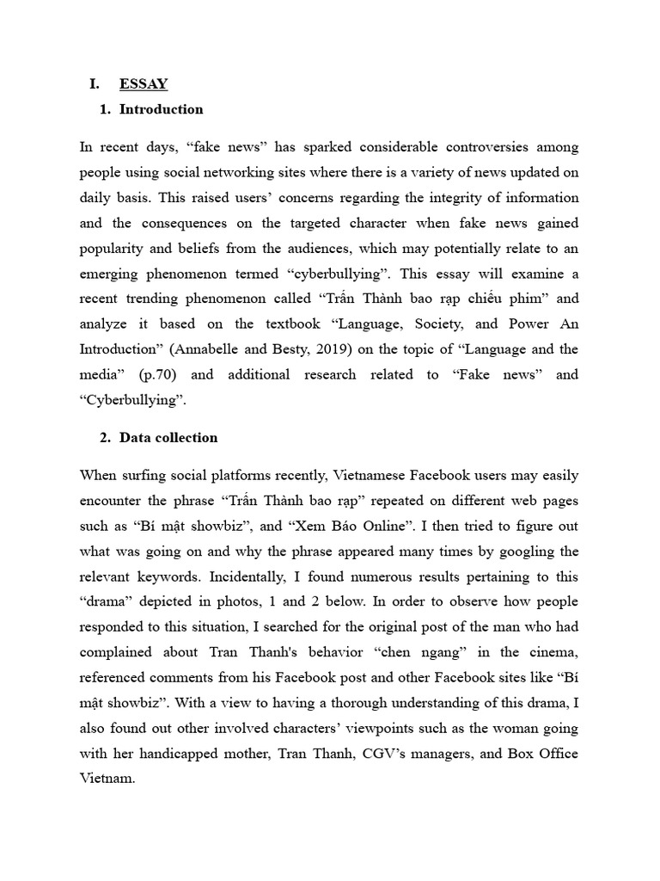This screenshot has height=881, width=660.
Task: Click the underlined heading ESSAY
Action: pyautogui.click(x=144, y=84)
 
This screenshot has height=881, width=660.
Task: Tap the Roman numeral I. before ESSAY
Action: pyautogui.click(x=95, y=84)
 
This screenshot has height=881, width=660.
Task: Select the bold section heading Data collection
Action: pyautogui.click(x=168, y=437)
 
